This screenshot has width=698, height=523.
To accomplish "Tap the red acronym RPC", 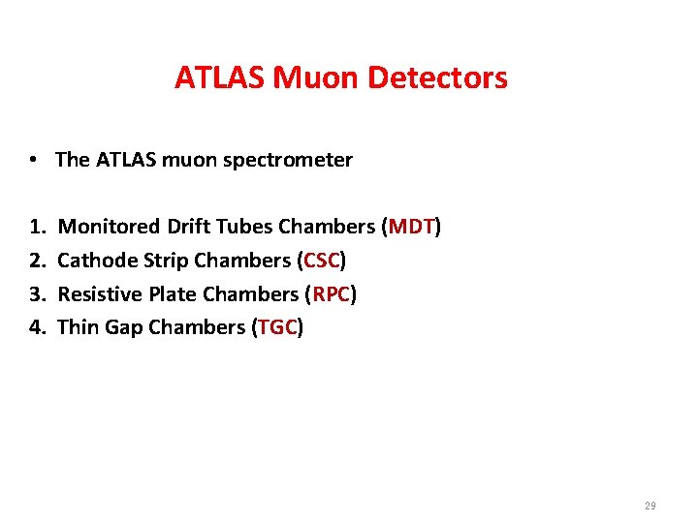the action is (x=331, y=294).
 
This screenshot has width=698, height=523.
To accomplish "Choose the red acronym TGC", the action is (x=277, y=327).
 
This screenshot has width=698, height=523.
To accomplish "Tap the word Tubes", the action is (x=246, y=228).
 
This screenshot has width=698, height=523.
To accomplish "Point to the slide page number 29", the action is (x=649, y=507).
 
